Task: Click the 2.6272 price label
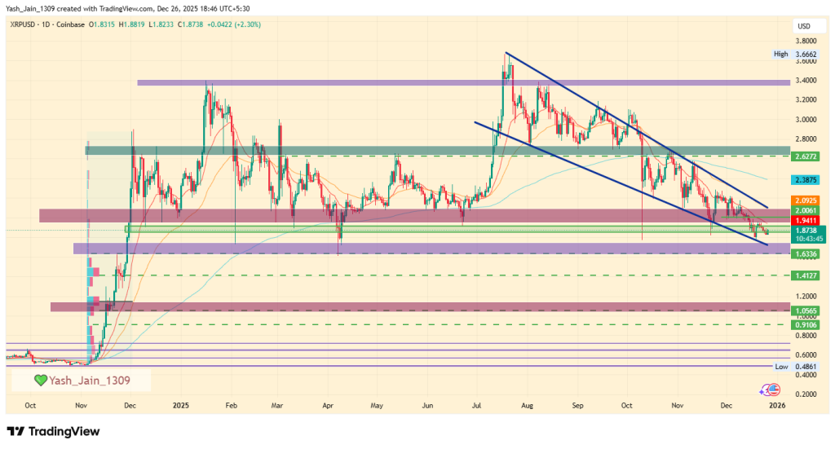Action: (806, 155)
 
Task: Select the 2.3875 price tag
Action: (806, 178)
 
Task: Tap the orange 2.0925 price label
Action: (806, 200)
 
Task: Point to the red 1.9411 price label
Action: (806, 220)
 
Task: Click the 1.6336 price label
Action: (806, 254)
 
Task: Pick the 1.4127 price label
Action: (806, 276)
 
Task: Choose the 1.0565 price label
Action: (806, 310)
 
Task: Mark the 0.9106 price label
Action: (806, 324)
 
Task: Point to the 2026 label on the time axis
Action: (778, 404)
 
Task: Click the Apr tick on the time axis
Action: (327, 404)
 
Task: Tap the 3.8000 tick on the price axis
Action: (806, 41)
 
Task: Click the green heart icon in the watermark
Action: (40, 380)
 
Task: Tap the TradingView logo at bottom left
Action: (52, 431)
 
